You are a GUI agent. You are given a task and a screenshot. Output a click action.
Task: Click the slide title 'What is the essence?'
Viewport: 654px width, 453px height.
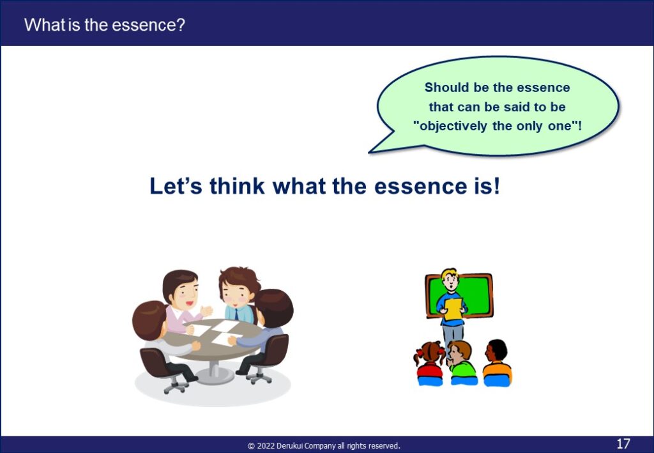pos(104,25)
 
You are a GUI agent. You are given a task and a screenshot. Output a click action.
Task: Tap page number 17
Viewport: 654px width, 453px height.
pos(623,443)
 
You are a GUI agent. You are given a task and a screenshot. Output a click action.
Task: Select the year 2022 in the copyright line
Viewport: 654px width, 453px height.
pos(266,446)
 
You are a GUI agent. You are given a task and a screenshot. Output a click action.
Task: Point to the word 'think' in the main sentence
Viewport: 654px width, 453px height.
pos(237,186)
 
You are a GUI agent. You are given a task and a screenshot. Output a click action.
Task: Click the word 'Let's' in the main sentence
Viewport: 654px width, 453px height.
pos(176,186)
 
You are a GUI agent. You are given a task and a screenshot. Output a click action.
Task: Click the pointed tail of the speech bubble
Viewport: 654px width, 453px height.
pos(370,152)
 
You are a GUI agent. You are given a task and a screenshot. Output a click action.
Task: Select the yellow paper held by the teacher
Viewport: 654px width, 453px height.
pos(453,309)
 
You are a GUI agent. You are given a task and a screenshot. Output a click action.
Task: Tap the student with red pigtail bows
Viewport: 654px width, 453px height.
pos(430,364)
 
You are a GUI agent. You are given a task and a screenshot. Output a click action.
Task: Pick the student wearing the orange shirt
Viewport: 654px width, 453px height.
pos(497,364)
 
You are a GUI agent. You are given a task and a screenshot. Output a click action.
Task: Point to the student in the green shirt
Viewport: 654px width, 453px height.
pos(462,364)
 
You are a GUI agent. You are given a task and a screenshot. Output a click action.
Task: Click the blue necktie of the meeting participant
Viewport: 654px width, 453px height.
pos(236,314)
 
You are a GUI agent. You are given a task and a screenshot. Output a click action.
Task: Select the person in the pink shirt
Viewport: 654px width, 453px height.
pos(182,301)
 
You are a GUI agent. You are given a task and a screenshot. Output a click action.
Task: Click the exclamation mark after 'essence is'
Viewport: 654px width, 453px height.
pos(496,186)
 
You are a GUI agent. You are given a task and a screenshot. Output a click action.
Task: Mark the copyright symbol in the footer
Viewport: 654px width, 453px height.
pos(251,447)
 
